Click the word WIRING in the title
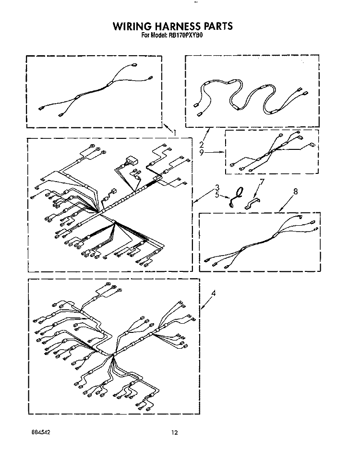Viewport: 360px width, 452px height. (x=132, y=26)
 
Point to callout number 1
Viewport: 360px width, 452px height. (x=175, y=133)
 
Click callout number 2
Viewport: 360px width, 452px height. (x=202, y=145)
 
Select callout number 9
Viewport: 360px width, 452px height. (x=202, y=152)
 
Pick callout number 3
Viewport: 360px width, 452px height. (x=217, y=188)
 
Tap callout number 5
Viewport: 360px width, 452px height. (x=217, y=195)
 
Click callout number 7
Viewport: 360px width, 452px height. (x=262, y=182)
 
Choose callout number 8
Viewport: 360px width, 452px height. (x=295, y=191)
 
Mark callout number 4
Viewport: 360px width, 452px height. (x=213, y=293)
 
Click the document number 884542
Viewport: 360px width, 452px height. (x=41, y=432)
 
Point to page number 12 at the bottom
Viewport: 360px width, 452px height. (x=175, y=432)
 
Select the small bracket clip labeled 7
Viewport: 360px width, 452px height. (x=252, y=203)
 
